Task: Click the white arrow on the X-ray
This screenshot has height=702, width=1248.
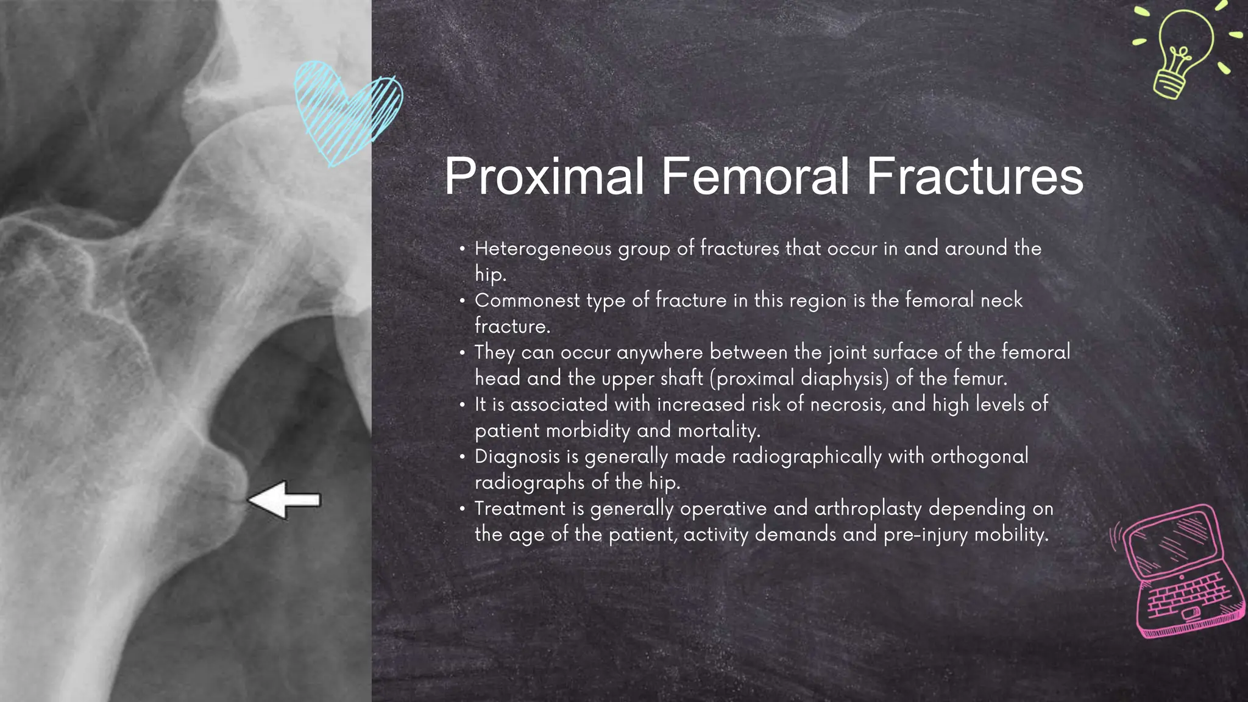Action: (285, 500)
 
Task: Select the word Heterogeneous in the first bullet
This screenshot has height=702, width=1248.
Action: (543, 249)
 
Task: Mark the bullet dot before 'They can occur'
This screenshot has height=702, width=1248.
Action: (463, 353)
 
